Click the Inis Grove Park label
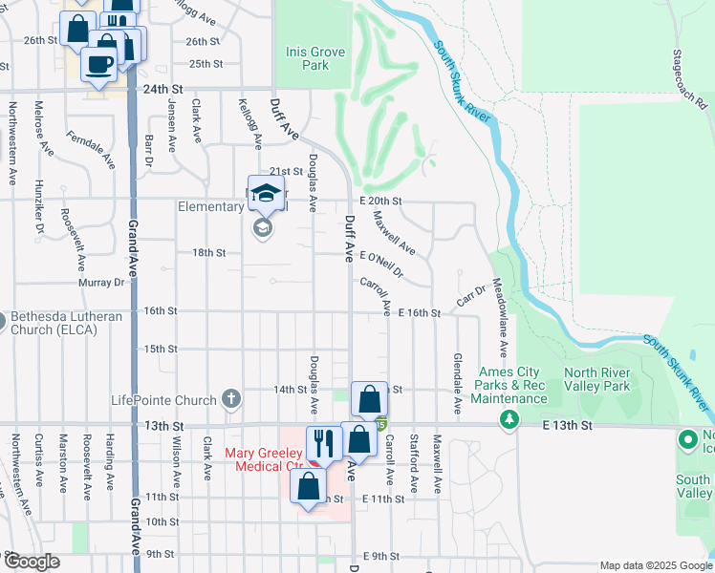tap(307, 58)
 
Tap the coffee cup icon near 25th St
tap(99, 65)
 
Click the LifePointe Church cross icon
tap(230, 397)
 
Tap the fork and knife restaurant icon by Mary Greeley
tap(323, 442)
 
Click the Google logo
tap(32, 562)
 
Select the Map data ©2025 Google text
tap(655, 565)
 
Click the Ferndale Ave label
tap(91, 152)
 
